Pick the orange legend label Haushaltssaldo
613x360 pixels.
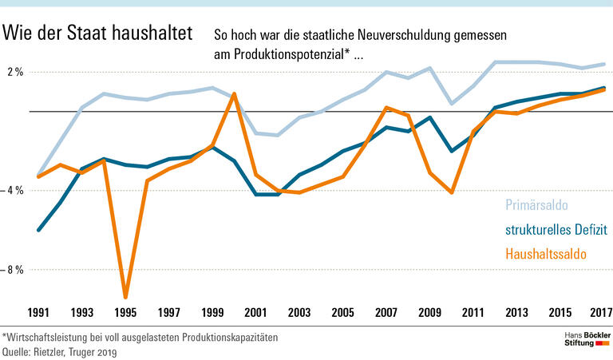pos(545,255)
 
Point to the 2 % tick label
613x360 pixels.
pos(15,73)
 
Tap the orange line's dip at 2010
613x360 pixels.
pos(452,192)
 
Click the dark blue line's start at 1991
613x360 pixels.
pos(39,230)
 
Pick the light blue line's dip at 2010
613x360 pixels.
pos(452,103)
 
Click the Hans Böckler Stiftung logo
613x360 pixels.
pos(582,338)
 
